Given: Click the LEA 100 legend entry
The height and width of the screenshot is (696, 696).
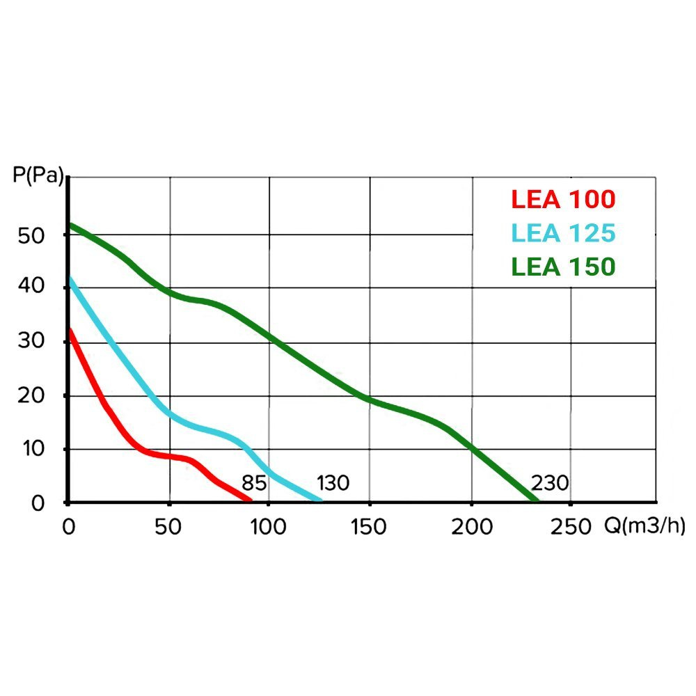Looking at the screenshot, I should (x=563, y=200).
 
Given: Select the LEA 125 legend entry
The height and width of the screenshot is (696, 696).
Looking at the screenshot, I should (x=563, y=233).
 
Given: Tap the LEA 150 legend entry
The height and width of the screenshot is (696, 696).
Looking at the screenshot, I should (x=563, y=267).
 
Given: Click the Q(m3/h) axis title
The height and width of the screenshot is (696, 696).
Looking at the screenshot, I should (x=643, y=526).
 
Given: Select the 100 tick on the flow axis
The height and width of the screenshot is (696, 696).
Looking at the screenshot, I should (x=269, y=527).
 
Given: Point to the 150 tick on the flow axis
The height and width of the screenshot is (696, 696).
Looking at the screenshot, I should (x=369, y=527).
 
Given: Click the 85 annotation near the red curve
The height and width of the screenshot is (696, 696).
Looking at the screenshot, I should (x=254, y=483).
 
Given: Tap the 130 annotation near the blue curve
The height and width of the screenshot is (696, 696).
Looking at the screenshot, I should (x=333, y=483).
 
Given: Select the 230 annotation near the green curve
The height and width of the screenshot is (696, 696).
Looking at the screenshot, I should (x=550, y=483).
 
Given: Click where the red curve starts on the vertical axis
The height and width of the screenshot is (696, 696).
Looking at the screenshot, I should (x=69, y=330).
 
